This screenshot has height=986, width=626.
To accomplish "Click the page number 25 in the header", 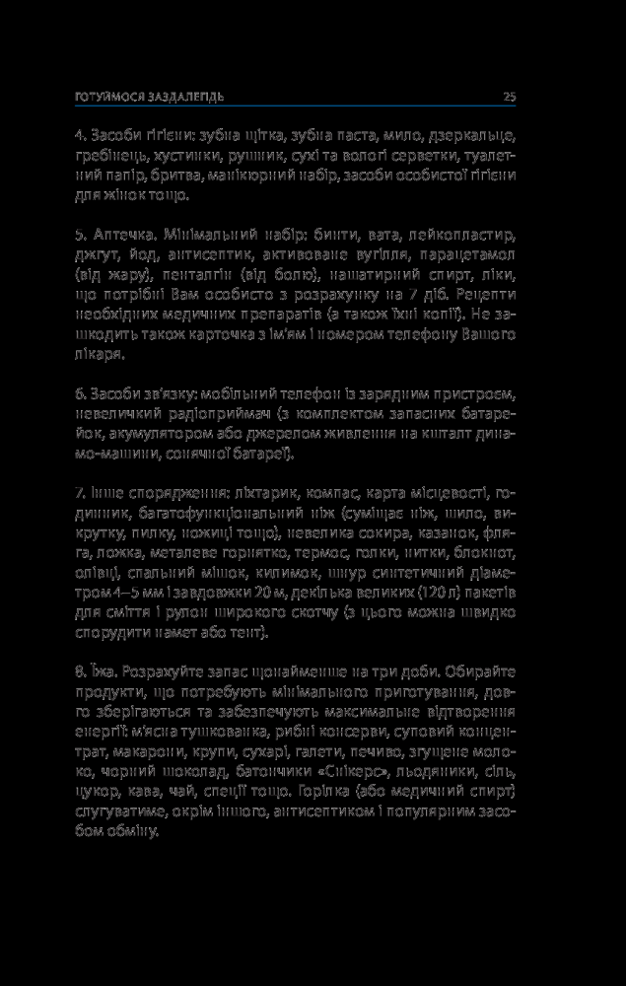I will (510, 96).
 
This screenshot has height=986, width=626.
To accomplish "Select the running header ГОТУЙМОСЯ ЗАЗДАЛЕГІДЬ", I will (152, 97).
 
